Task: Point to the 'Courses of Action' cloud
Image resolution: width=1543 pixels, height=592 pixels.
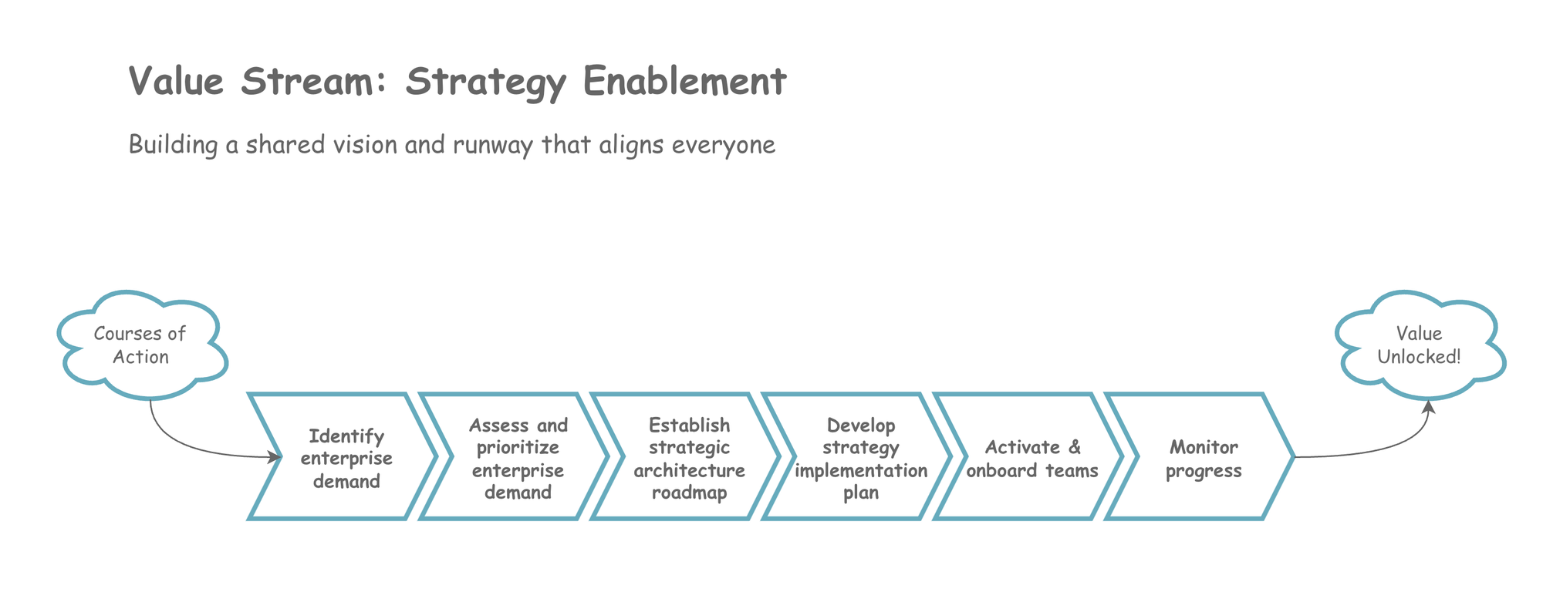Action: coord(140,345)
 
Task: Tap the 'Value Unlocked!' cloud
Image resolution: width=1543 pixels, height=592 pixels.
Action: coord(1419,345)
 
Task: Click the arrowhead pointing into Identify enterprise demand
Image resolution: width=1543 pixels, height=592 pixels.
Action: coord(275,457)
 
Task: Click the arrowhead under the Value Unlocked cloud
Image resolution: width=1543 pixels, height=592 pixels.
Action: coord(1428,406)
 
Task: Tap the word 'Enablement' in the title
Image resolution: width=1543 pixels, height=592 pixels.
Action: coord(684,81)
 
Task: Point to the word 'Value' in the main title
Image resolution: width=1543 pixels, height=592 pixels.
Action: coord(176,81)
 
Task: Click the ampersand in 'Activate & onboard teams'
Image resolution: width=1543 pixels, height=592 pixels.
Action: coord(1075,447)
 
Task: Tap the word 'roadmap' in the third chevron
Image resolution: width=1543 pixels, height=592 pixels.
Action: coord(689,493)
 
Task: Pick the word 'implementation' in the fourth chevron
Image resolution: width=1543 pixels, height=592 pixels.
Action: coord(861,470)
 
